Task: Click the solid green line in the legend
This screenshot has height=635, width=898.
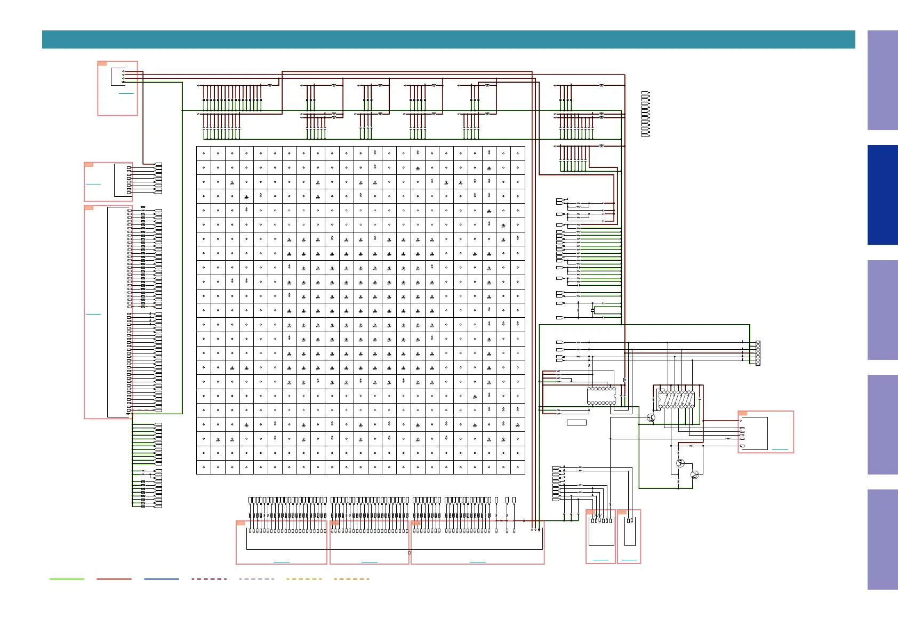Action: [x=67, y=578]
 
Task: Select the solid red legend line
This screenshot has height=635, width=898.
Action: [x=114, y=578]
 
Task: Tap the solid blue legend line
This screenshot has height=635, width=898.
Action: [x=162, y=578]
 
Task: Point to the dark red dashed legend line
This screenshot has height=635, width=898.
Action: [x=209, y=578]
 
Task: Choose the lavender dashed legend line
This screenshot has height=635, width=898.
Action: [x=256, y=578]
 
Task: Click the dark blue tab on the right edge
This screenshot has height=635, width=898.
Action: [x=883, y=195]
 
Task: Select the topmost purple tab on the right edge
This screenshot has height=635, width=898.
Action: [x=883, y=80]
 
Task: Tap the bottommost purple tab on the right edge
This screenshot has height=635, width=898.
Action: [x=883, y=539]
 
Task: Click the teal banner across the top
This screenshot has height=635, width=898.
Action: [x=448, y=39]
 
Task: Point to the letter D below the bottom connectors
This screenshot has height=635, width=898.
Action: [x=410, y=553]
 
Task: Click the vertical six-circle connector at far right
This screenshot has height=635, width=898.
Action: [x=758, y=353]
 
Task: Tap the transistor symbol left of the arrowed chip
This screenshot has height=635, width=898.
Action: [x=651, y=418]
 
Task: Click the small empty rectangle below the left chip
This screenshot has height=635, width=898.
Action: [x=576, y=423]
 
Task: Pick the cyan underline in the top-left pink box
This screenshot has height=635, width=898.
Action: [x=126, y=93]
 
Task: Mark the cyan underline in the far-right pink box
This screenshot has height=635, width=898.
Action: [x=780, y=449]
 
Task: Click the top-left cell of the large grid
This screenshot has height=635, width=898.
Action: [x=204, y=154]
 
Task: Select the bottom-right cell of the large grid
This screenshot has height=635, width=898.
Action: [x=517, y=467]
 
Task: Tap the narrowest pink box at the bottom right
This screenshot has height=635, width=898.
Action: [x=629, y=536]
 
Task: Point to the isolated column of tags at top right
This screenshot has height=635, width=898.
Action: [x=645, y=114]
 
